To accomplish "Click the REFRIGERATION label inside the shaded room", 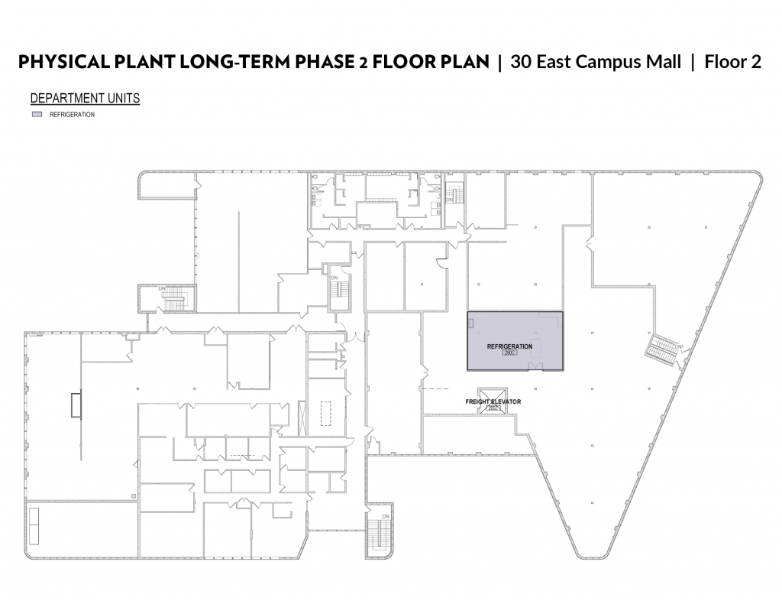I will point(509,347).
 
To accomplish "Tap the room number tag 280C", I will point(509,353).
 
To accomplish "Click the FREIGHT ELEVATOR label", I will point(493,401).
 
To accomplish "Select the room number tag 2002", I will point(493,408).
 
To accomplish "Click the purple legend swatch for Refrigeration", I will point(36,115).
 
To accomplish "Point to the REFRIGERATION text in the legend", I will point(72,115).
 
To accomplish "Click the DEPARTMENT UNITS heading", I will point(85,99).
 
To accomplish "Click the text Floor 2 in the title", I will point(733,62).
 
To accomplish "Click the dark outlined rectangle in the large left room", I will point(75,404).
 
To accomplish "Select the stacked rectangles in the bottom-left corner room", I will point(34,525).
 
